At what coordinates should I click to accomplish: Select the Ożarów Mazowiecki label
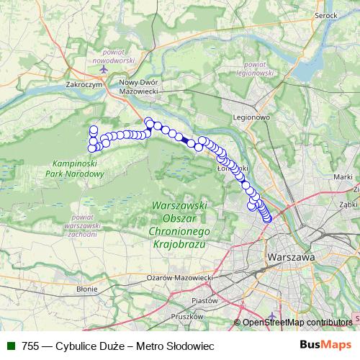click(x=176, y=277)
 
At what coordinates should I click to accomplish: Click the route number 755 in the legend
click(x=31, y=346)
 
